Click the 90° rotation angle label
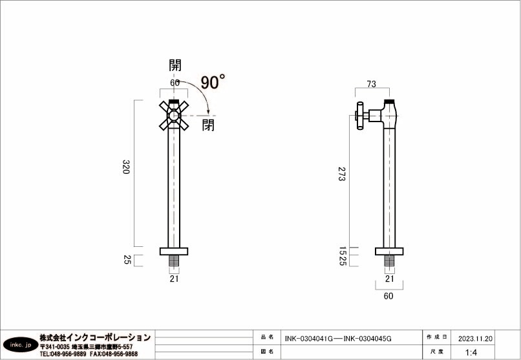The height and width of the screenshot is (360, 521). [x=213, y=82]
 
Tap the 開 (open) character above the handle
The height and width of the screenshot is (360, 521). [x=175, y=65]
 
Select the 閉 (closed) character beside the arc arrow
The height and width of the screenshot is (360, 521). [x=208, y=125]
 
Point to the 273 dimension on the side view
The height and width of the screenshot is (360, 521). [x=341, y=173]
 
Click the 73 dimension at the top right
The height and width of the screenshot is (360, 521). [x=372, y=84]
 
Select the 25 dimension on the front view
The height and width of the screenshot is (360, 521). [x=127, y=260]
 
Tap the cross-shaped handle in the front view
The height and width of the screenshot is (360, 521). [x=174, y=116]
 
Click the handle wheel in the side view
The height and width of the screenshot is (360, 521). [x=359, y=116]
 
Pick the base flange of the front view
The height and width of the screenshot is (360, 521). [x=174, y=251]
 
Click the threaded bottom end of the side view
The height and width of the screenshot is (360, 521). [x=388, y=262]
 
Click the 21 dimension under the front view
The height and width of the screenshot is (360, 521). [x=174, y=279]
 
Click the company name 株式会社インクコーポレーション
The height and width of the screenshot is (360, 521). [x=95, y=337]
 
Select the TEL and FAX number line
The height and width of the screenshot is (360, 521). [x=89, y=354]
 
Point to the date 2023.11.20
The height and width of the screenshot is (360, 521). [x=476, y=338]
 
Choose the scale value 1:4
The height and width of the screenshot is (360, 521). [x=471, y=352]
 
